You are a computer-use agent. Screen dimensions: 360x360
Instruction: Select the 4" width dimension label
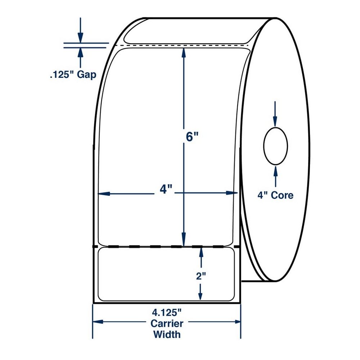pos(164,189)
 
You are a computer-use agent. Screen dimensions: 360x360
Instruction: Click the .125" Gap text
pos(73,75)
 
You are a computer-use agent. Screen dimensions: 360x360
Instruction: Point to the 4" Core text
pos(275,195)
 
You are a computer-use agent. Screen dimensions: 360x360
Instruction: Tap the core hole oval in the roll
pos(276,146)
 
